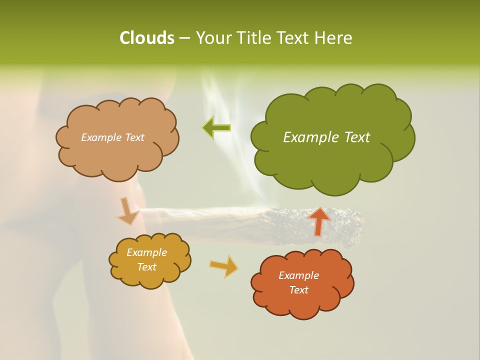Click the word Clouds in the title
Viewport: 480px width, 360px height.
click(x=146, y=38)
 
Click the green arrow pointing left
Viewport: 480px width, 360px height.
click(x=216, y=128)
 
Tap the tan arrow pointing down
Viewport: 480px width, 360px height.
click(x=128, y=211)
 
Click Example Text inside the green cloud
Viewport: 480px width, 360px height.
click(x=326, y=137)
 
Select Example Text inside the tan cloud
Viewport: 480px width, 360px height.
click(x=112, y=137)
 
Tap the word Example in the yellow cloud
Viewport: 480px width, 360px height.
click(x=146, y=252)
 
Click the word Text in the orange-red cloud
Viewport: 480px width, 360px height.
click(x=298, y=290)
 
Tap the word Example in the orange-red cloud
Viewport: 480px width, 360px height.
click(x=298, y=275)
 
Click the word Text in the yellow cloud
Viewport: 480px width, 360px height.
click(x=146, y=267)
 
